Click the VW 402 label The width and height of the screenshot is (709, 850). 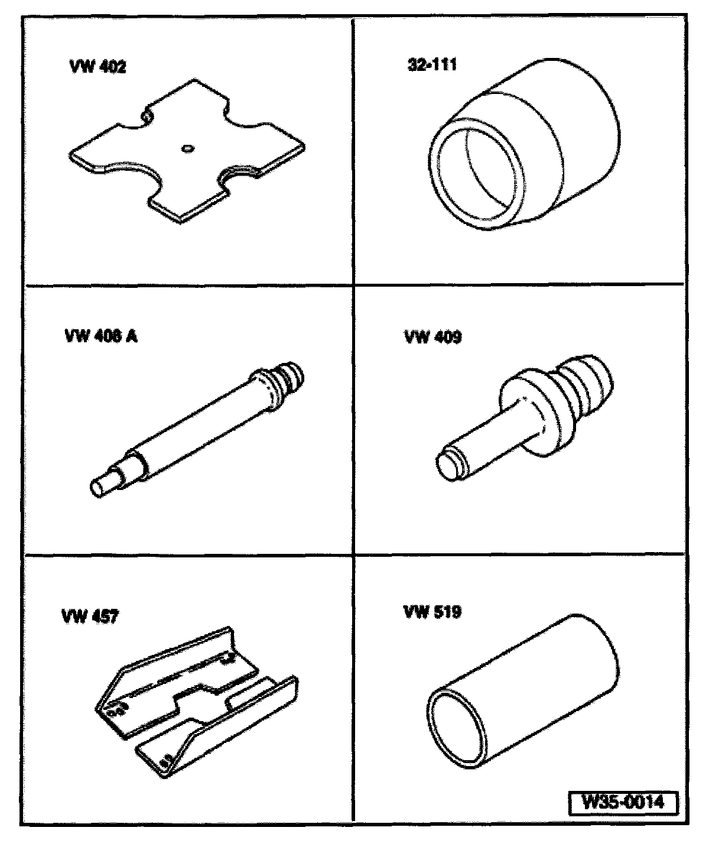coord(98,67)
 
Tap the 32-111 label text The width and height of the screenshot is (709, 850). coord(432,65)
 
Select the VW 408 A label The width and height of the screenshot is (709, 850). coord(102,336)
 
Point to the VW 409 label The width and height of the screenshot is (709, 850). coord(433,337)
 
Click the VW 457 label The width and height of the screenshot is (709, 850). coord(90,617)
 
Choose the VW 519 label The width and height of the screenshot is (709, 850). coord(432,612)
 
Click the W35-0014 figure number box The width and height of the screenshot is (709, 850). coord(623,802)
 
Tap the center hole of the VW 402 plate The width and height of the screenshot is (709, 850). coord(187,148)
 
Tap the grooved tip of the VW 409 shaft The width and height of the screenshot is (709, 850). coord(449,465)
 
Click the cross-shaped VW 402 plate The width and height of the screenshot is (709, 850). coord(187,151)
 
